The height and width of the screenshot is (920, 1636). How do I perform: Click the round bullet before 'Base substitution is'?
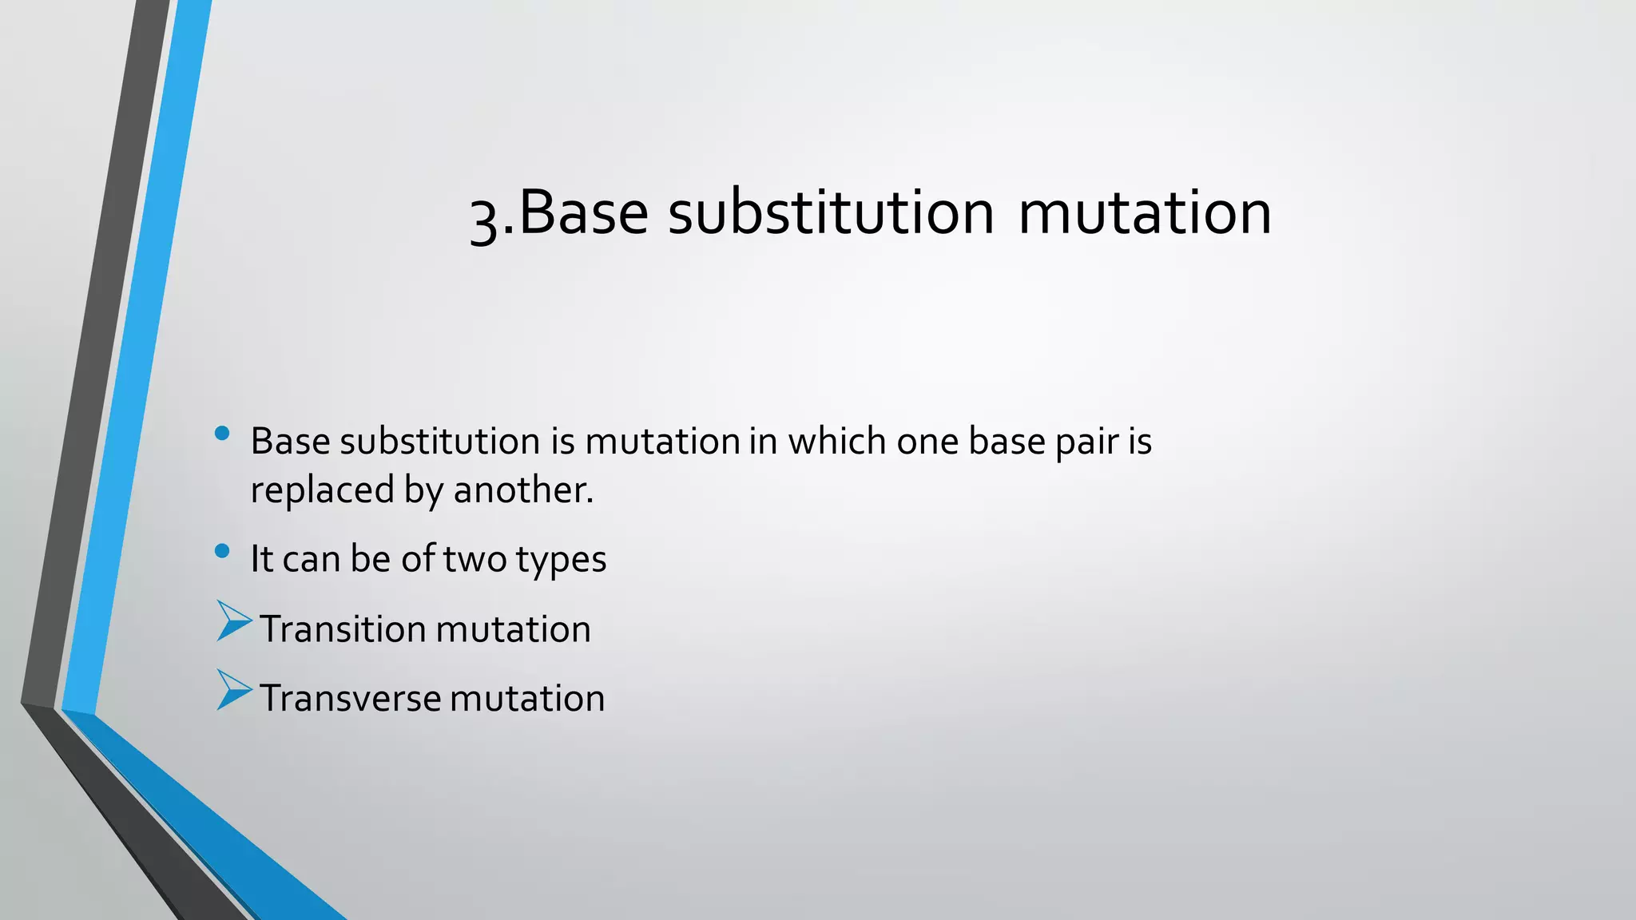pos(222,434)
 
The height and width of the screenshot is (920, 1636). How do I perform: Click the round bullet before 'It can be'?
pos(222,551)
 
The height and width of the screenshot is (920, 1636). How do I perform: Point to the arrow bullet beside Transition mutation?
pos(232,621)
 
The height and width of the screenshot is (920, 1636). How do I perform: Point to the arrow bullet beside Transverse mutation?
pos(232,690)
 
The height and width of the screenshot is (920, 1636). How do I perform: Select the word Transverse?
pos(350,698)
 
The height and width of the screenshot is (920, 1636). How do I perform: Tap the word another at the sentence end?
pos(522,490)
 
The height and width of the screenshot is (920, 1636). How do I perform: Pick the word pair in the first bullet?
pos(1088,442)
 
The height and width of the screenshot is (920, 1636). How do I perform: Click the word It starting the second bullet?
pos(262,558)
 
